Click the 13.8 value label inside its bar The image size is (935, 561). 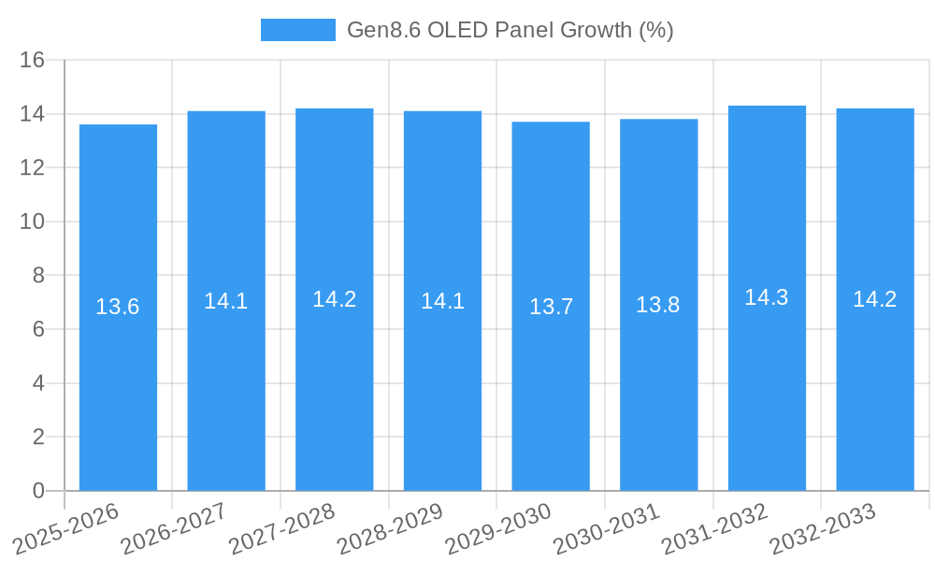(x=658, y=305)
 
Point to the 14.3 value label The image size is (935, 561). (x=767, y=297)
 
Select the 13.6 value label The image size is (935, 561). (x=118, y=307)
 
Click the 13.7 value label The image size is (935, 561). (x=551, y=307)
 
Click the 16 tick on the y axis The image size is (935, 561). (x=33, y=61)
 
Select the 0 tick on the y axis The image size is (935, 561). (x=38, y=491)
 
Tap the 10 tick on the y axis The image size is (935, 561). (x=33, y=222)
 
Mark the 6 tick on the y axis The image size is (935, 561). (x=38, y=329)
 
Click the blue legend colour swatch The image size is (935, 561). (x=297, y=30)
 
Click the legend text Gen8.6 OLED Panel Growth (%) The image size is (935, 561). (x=510, y=30)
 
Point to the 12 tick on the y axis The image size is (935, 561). (x=33, y=168)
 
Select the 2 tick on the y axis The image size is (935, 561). (x=38, y=437)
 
